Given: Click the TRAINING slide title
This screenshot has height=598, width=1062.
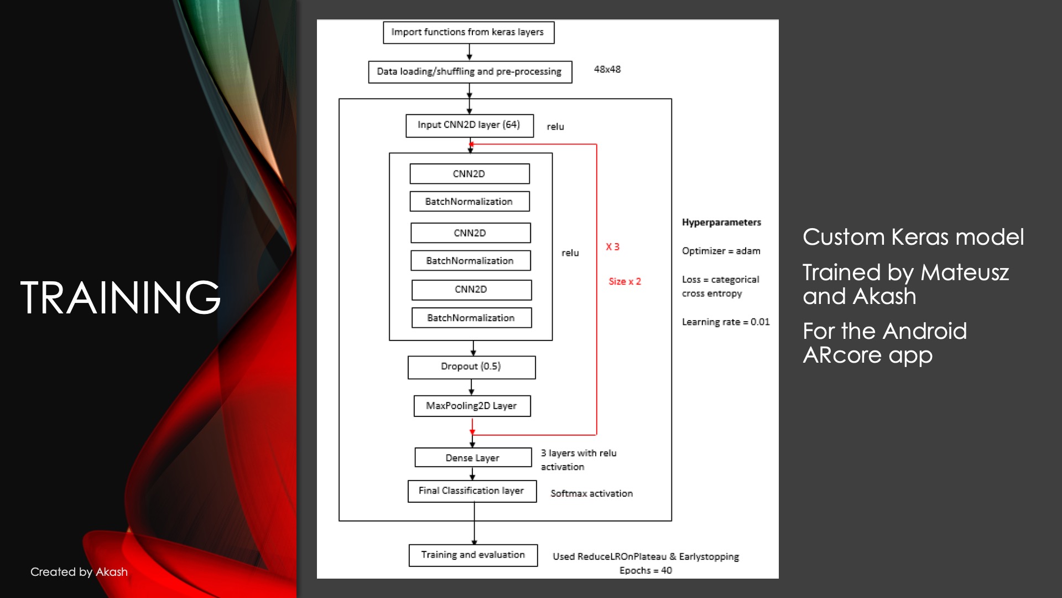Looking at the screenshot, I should [x=121, y=297].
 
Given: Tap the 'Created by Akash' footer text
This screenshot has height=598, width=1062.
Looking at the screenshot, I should [x=79, y=572].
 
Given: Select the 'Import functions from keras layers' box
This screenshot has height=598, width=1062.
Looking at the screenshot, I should [x=468, y=32].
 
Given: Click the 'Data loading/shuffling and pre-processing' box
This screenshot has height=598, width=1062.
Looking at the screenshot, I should [x=470, y=71].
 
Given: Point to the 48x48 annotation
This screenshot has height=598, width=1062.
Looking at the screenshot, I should [x=607, y=69].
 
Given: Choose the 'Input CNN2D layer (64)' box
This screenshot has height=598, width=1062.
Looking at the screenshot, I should [x=469, y=125].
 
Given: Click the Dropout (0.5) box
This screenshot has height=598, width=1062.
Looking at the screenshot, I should [x=471, y=367].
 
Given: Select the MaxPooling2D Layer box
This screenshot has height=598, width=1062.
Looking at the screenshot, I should [x=472, y=406].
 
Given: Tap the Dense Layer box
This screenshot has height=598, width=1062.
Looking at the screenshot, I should [x=473, y=458].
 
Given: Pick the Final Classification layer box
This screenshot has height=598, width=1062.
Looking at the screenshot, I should [x=472, y=491].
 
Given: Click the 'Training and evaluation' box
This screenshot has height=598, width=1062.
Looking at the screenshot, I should [x=473, y=555].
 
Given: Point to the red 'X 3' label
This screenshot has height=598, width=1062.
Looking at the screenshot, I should [x=612, y=247].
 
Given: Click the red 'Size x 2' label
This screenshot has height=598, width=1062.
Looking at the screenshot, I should [x=624, y=281].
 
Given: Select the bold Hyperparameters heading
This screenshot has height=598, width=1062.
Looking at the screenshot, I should [x=721, y=223].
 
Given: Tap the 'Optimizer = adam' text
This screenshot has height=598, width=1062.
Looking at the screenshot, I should [x=721, y=251].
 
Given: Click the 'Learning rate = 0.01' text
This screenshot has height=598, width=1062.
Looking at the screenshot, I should [x=725, y=322].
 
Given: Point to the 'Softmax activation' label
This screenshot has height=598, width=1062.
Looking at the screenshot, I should [x=591, y=493].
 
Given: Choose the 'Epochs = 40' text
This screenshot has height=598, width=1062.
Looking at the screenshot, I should [x=645, y=570].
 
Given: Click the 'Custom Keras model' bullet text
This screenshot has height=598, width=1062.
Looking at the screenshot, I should [x=913, y=237].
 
